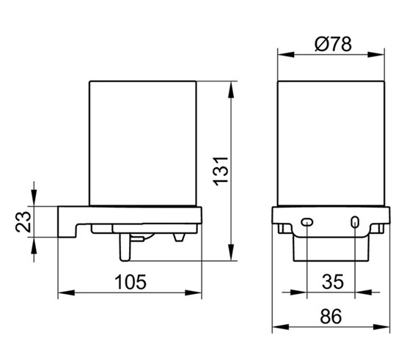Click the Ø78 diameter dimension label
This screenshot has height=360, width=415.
coord(333,44)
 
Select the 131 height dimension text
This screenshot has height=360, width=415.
coord(221,172)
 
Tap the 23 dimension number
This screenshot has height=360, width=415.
coord(23,222)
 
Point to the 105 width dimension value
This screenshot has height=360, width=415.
coord(131,282)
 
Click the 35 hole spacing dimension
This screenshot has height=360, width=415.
coord(333,282)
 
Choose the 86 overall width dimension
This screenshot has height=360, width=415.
coord(331,316)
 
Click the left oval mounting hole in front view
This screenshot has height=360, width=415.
coord(307,222)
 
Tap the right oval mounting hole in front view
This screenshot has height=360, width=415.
coord(355,222)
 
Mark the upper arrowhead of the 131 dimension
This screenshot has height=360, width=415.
coord(231,89)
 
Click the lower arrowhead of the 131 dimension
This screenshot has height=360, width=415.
coord(231,252)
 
